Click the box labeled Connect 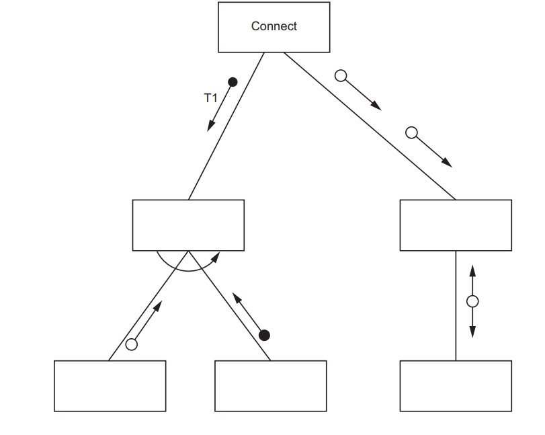coord(274,27)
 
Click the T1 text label coord(211,98)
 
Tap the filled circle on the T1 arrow coord(233,82)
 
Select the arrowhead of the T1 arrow coord(210,126)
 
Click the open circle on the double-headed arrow coord(472,301)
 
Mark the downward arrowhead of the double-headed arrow coord(472,333)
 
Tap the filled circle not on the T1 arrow coord(265,335)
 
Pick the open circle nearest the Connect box coord(341,75)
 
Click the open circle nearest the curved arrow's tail coord(132,344)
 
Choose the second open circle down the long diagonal coord(412,132)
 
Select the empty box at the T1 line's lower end coord(188,225)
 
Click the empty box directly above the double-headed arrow coord(456,225)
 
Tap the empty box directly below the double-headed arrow coord(456,386)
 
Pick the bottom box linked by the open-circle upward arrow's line coord(110,386)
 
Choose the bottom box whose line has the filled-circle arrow coord(271,386)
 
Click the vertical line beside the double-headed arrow coord(456,306)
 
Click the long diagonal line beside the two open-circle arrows coord(370,126)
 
